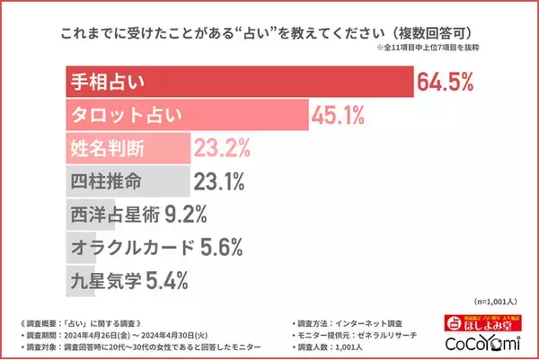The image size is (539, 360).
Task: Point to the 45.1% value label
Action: point(339,115)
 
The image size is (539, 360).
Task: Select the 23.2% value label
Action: point(220,148)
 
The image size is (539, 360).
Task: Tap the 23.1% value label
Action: point(219,181)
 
